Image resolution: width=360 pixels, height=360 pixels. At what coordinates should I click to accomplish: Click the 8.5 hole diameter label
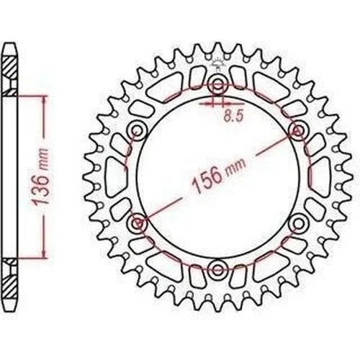pos(233,116)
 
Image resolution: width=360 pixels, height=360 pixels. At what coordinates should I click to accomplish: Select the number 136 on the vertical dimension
pos(40,189)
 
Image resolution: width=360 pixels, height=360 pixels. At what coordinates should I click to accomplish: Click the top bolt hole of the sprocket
pos(217,84)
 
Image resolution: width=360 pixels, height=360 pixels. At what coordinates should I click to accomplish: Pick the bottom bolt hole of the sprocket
pos(217,269)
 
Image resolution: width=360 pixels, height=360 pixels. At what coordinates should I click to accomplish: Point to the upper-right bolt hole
pos(298,131)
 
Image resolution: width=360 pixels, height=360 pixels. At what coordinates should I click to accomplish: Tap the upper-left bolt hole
pos(138,131)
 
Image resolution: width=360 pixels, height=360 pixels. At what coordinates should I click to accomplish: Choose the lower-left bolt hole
pos(138,223)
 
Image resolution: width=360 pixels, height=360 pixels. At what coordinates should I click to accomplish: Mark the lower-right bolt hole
pos(298,223)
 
